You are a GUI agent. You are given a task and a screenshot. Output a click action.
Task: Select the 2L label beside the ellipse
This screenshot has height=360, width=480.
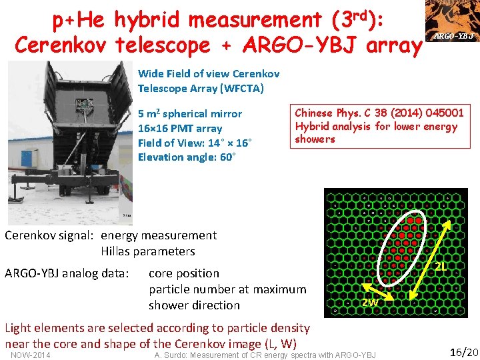tap(441, 267)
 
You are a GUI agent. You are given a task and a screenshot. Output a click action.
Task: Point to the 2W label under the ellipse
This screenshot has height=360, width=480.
tap(370, 303)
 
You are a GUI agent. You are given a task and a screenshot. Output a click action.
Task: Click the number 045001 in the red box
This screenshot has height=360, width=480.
tap(441, 113)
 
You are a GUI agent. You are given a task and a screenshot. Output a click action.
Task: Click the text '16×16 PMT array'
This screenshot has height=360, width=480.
tap(179, 128)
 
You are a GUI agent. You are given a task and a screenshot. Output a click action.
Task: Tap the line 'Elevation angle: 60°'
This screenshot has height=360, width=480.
tap(185, 157)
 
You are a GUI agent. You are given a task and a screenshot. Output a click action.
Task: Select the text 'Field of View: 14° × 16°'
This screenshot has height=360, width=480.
tap(193, 143)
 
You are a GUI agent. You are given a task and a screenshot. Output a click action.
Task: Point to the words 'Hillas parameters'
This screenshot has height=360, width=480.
tap(147, 251)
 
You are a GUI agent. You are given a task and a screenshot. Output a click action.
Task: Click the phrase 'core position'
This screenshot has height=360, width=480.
tap(183, 273)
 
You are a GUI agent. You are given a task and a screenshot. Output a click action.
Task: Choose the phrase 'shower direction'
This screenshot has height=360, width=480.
tap(194, 305)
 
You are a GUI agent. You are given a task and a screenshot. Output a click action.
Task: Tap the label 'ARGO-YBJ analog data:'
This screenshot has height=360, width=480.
tap(67, 273)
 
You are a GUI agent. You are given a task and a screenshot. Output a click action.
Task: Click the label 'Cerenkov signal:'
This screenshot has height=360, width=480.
tap(49, 235)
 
